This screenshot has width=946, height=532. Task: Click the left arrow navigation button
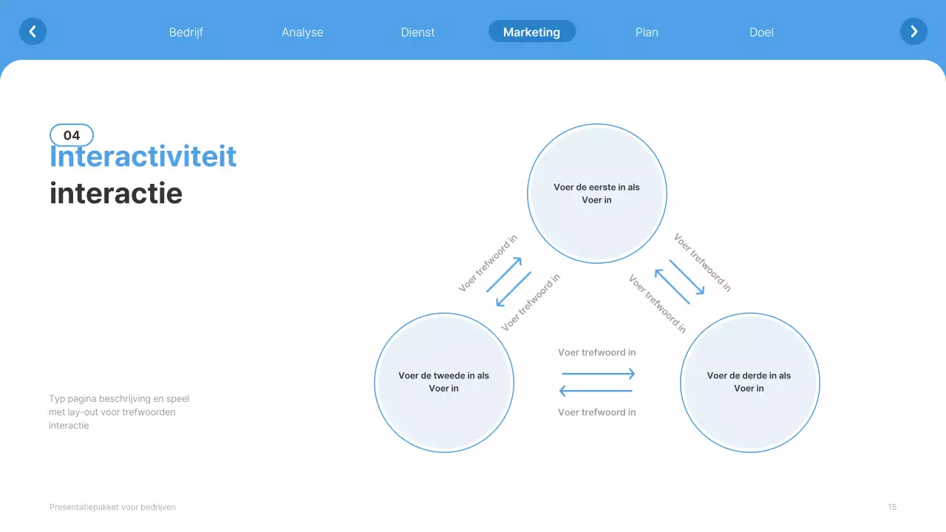33,32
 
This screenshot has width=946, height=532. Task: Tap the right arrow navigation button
913,32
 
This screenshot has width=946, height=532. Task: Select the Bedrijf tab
186,33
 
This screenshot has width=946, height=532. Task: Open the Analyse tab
302,33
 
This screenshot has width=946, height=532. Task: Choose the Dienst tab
418,33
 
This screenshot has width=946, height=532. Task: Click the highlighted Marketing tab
531,32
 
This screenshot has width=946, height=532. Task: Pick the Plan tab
647,33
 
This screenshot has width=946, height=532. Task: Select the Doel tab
761,33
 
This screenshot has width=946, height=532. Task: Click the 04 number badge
72,135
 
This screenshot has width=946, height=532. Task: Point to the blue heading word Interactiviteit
143,157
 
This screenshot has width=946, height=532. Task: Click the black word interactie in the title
116,194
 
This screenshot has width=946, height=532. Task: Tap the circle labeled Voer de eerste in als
597,194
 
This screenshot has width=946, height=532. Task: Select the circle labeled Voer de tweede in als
444,382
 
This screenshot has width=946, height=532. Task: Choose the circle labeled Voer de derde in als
749,382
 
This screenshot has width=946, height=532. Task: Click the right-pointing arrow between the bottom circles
598,374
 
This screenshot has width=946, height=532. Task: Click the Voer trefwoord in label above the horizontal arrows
597,352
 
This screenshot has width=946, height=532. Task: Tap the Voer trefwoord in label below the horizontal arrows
597,412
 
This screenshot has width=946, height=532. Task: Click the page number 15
892,507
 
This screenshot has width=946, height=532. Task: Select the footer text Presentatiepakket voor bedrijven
112,507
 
